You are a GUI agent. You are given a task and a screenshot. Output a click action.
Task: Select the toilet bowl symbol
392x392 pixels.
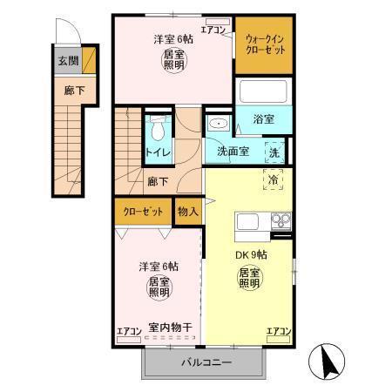pos(157,130)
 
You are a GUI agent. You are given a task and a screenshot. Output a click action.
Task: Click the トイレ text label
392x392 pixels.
pos(158,155)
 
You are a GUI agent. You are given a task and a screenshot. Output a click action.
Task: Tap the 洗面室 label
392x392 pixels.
pos(233,150)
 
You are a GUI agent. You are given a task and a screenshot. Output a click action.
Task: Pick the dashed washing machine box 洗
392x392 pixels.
pos(274,150)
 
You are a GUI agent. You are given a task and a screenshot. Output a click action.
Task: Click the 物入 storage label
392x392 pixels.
pos(188,211)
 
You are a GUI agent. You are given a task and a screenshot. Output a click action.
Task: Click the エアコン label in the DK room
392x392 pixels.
pos(279,331)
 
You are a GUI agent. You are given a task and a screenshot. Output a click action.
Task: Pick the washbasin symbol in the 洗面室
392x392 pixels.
pos(217,125)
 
